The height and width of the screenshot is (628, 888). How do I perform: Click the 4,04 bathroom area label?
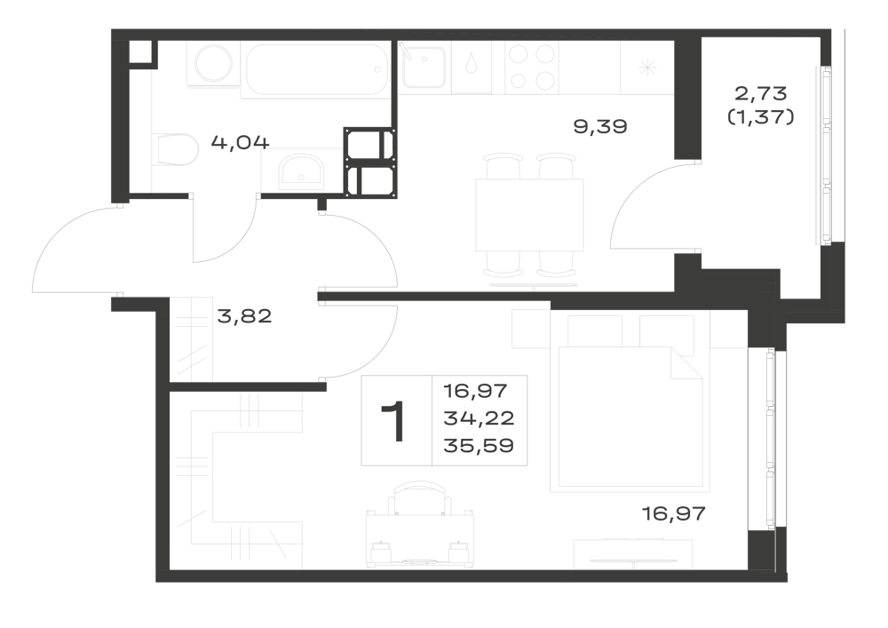pyautogui.click(x=240, y=141)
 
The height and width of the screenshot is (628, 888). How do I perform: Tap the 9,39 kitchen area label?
pyautogui.click(x=600, y=126)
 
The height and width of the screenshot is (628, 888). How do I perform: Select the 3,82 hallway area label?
pyautogui.click(x=245, y=316)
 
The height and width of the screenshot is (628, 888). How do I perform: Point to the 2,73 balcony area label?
pyautogui.click(x=761, y=92)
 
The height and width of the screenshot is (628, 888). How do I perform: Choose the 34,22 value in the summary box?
pyautogui.click(x=480, y=418)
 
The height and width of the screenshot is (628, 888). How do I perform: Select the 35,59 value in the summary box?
pyautogui.click(x=480, y=446)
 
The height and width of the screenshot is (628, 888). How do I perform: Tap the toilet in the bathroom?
pyautogui.click(x=176, y=149)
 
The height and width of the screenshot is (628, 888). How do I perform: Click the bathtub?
pyautogui.click(x=317, y=69)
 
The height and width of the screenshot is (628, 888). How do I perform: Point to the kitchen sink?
pyautogui.click(x=423, y=67)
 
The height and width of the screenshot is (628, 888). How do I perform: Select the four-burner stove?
pyautogui.click(x=532, y=68)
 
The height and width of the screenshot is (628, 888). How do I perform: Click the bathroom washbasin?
pyautogui.click(x=301, y=172)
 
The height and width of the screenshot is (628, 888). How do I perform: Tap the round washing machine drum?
pyautogui.click(x=213, y=64)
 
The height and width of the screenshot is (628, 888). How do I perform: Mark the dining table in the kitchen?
pyautogui.click(x=529, y=215)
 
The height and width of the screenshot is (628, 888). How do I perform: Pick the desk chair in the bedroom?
pyautogui.click(x=420, y=498)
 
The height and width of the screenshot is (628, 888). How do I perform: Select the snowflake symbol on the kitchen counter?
pyautogui.click(x=647, y=68)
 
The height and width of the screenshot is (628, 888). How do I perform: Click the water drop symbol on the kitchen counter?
pyautogui.click(x=471, y=63)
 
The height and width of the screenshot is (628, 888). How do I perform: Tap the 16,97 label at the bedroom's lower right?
pyautogui.click(x=674, y=513)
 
